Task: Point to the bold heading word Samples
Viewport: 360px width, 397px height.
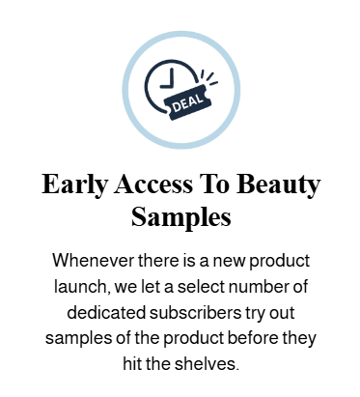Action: pos(180,215)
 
